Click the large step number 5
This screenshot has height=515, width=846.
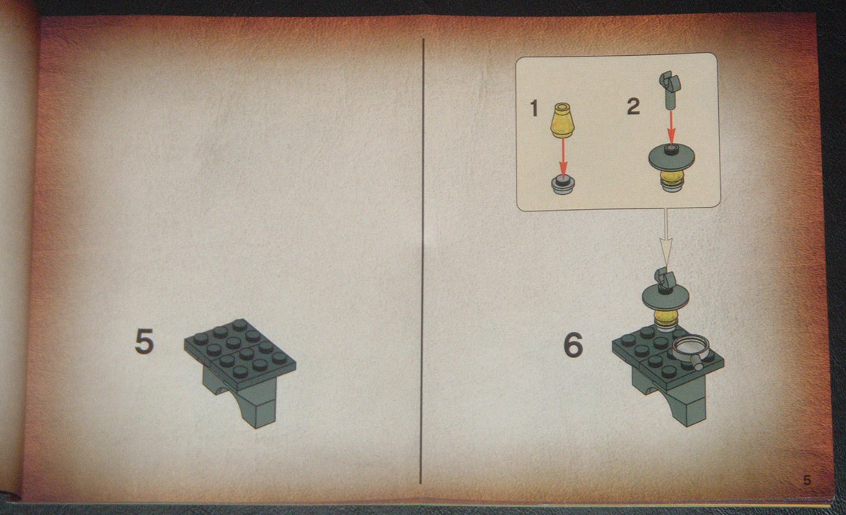pyautogui.click(x=144, y=342)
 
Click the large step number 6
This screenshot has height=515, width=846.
pyautogui.click(x=573, y=345)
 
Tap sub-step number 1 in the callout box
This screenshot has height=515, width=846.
pyautogui.click(x=535, y=109)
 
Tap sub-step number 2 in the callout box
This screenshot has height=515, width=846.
pyautogui.click(x=633, y=106)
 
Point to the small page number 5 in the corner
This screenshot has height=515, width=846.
pyautogui.click(x=807, y=480)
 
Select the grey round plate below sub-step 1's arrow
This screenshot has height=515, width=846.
pyautogui.click(x=563, y=184)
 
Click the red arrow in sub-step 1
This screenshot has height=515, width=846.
pyautogui.click(x=563, y=157)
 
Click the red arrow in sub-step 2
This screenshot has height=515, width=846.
pyautogui.click(x=671, y=127)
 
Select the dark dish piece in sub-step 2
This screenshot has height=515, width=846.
pyautogui.click(x=671, y=159)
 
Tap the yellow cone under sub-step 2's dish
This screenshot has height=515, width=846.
pyautogui.click(x=671, y=179)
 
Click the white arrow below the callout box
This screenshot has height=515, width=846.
pyautogui.click(x=666, y=237)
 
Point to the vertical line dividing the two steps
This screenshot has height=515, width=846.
pyautogui.click(x=422, y=261)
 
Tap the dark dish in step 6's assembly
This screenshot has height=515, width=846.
pyautogui.click(x=666, y=298)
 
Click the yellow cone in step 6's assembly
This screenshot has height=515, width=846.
pyautogui.click(x=666, y=319)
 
